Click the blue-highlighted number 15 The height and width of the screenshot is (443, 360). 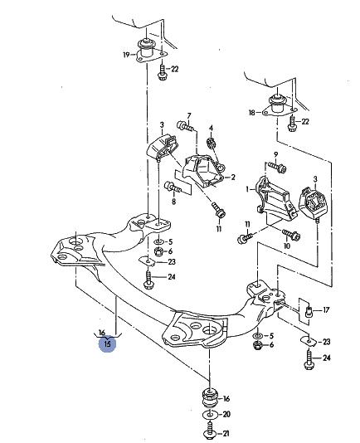point(107,344)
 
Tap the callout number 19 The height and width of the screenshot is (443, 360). point(126,55)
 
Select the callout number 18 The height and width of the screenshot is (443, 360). point(252,113)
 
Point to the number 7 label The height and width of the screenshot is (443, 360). point(189,116)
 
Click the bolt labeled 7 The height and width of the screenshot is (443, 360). point(186,126)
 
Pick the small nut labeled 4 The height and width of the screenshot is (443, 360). point(211,143)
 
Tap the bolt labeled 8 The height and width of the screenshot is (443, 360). point(173,187)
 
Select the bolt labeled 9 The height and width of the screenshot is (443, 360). point(277,168)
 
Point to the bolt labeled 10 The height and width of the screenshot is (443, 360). point(291,234)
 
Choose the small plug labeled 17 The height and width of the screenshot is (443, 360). point(309,312)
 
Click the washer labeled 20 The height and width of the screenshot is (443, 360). point(210,415)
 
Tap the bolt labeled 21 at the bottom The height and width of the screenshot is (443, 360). point(210,430)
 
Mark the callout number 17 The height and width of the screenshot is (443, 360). point(326,310)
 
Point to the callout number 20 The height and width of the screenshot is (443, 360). point(226,414)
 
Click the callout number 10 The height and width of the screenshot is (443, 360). point(286,246)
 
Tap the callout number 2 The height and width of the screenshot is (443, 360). point(233,178)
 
